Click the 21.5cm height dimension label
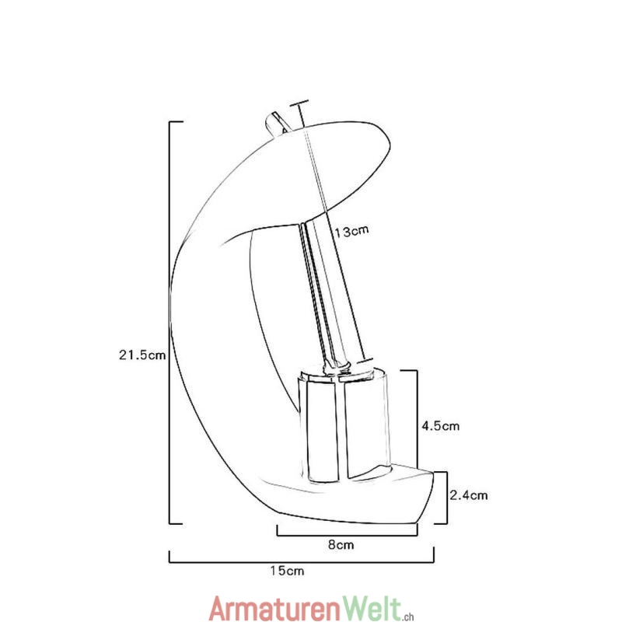coord(142,355)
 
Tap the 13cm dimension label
coord(351,231)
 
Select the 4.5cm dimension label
coord(440,426)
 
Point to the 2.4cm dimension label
coord(469,495)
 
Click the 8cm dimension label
coord(341,545)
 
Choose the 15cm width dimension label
coord(287,571)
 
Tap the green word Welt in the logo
coord(372,607)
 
